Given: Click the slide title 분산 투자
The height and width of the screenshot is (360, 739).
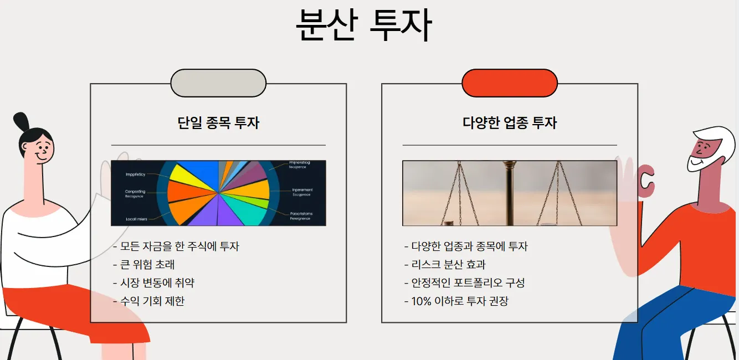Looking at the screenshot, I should (x=363, y=25).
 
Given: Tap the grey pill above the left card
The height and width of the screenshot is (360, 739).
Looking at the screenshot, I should (x=218, y=83).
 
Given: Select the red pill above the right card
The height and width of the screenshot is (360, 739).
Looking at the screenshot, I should (x=510, y=83).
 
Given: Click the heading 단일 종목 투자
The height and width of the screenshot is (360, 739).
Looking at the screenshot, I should (x=218, y=122).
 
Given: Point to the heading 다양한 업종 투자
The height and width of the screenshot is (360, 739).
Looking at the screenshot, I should (x=510, y=122).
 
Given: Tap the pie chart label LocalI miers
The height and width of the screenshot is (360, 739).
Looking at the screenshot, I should (x=136, y=219).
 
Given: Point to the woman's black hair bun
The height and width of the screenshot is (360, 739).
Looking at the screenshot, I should (x=20, y=121).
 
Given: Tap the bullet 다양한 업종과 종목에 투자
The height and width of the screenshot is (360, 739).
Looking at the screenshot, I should (x=469, y=246).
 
